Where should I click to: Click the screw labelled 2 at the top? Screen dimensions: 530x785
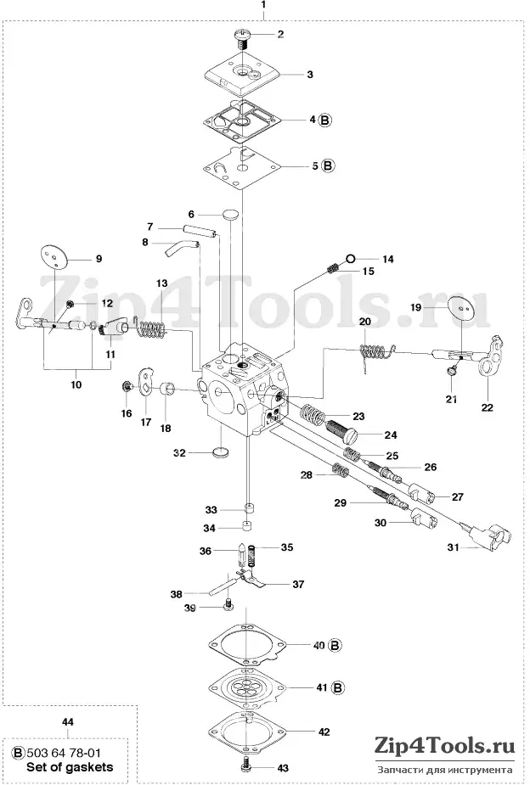tap(242, 38)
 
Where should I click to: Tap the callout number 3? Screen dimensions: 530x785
tap(310, 75)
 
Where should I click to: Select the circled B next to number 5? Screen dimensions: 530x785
tap(328, 165)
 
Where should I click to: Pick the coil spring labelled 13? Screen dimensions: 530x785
tap(151, 328)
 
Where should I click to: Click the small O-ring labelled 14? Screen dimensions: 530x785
tap(350, 259)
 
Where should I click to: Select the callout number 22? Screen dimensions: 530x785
tap(487, 407)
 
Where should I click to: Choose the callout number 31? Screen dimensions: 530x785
tap(454, 547)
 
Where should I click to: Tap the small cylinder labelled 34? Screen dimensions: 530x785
tap(245, 526)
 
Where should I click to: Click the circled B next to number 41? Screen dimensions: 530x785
tap(339, 688)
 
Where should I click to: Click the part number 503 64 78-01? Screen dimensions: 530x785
tap(63, 753)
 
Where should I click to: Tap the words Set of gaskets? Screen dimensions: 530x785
tap(70, 767)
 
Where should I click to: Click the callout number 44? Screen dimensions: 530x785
tap(68, 722)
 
